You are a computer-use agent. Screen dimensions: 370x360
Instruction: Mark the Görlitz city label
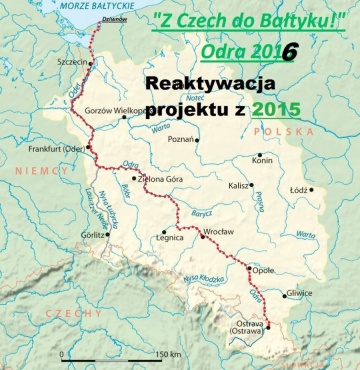click(x=94, y=235)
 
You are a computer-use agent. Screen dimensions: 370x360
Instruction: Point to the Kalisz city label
click(x=238, y=186)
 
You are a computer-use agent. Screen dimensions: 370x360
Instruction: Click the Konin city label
click(x=263, y=160)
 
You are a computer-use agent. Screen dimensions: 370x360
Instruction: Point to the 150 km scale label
click(x=168, y=355)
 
